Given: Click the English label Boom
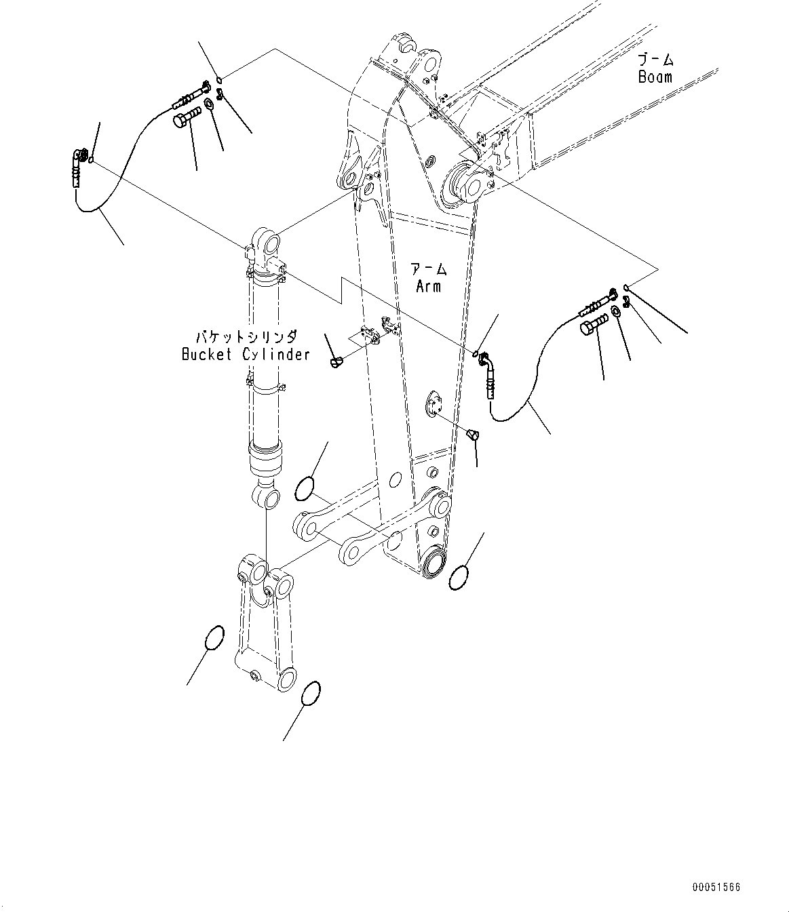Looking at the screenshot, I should (x=655, y=77).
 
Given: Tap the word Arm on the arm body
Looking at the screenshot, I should (x=428, y=286).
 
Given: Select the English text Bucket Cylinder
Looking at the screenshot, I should (x=246, y=354).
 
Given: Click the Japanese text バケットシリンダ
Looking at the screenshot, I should (x=246, y=336).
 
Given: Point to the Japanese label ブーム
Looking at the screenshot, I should (x=655, y=60).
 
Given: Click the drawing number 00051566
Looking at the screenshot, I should (x=716, y=887).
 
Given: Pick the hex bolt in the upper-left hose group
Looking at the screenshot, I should (x=185, y=120).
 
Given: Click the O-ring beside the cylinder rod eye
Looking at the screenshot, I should (x=305, y=488).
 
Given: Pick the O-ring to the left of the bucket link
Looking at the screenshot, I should (x=214, y=637).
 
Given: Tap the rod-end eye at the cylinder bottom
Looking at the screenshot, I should (x=267, y=498).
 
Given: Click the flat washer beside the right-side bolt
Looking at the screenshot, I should (x=615, y=311).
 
